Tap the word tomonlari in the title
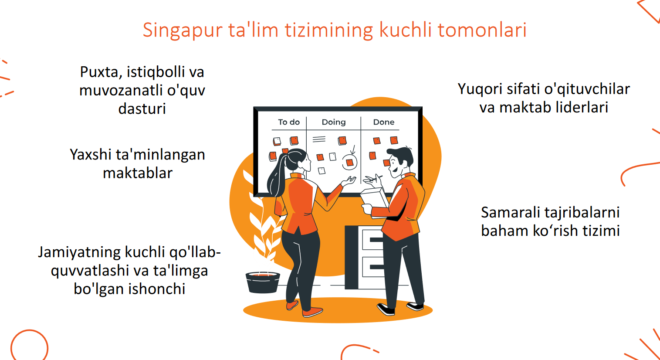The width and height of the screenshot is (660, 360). [x=482, y=30]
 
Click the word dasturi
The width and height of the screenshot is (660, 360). [x=142, y=108]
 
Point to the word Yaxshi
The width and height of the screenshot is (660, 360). [x=90, y=154]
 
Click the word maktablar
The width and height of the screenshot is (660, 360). [x=138, y=173]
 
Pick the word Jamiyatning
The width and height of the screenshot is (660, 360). [x=79, y=253]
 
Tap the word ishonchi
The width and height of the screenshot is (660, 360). [x=157, y=289]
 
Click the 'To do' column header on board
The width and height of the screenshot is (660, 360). [x=289, y=122]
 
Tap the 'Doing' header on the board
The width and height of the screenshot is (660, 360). [x=334, y=122]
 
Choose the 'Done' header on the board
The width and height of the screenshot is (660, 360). [x=384, y=122]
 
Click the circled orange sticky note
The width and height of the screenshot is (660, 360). [x=350, y=162]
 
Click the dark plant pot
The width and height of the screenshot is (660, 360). [x=263, y=282]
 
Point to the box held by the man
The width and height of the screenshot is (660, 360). [x=374, y=199]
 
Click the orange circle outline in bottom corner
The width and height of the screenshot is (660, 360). [x=30, y=330]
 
